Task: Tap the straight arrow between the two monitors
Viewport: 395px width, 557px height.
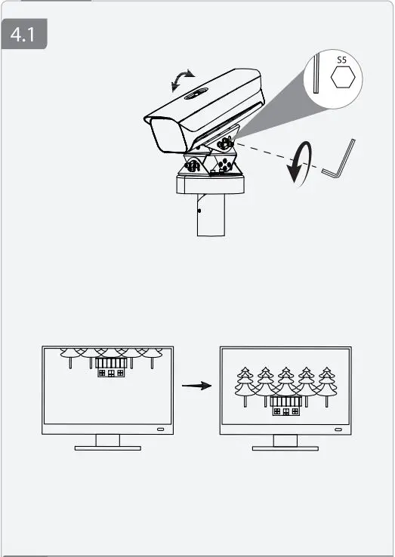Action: [x=196, y=385]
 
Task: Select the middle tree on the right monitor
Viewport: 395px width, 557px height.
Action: [x=285, y=385]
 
